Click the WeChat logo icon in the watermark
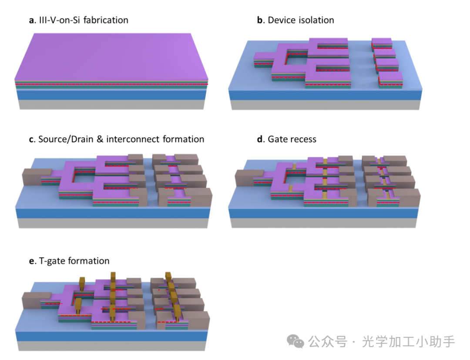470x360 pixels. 297,342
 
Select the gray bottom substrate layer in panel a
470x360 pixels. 111,104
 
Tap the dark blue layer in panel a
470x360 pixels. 111,94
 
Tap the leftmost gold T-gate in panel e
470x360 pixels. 82,282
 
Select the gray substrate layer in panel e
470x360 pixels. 111,346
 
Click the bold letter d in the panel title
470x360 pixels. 260,140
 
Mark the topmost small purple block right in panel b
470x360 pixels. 382,43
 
